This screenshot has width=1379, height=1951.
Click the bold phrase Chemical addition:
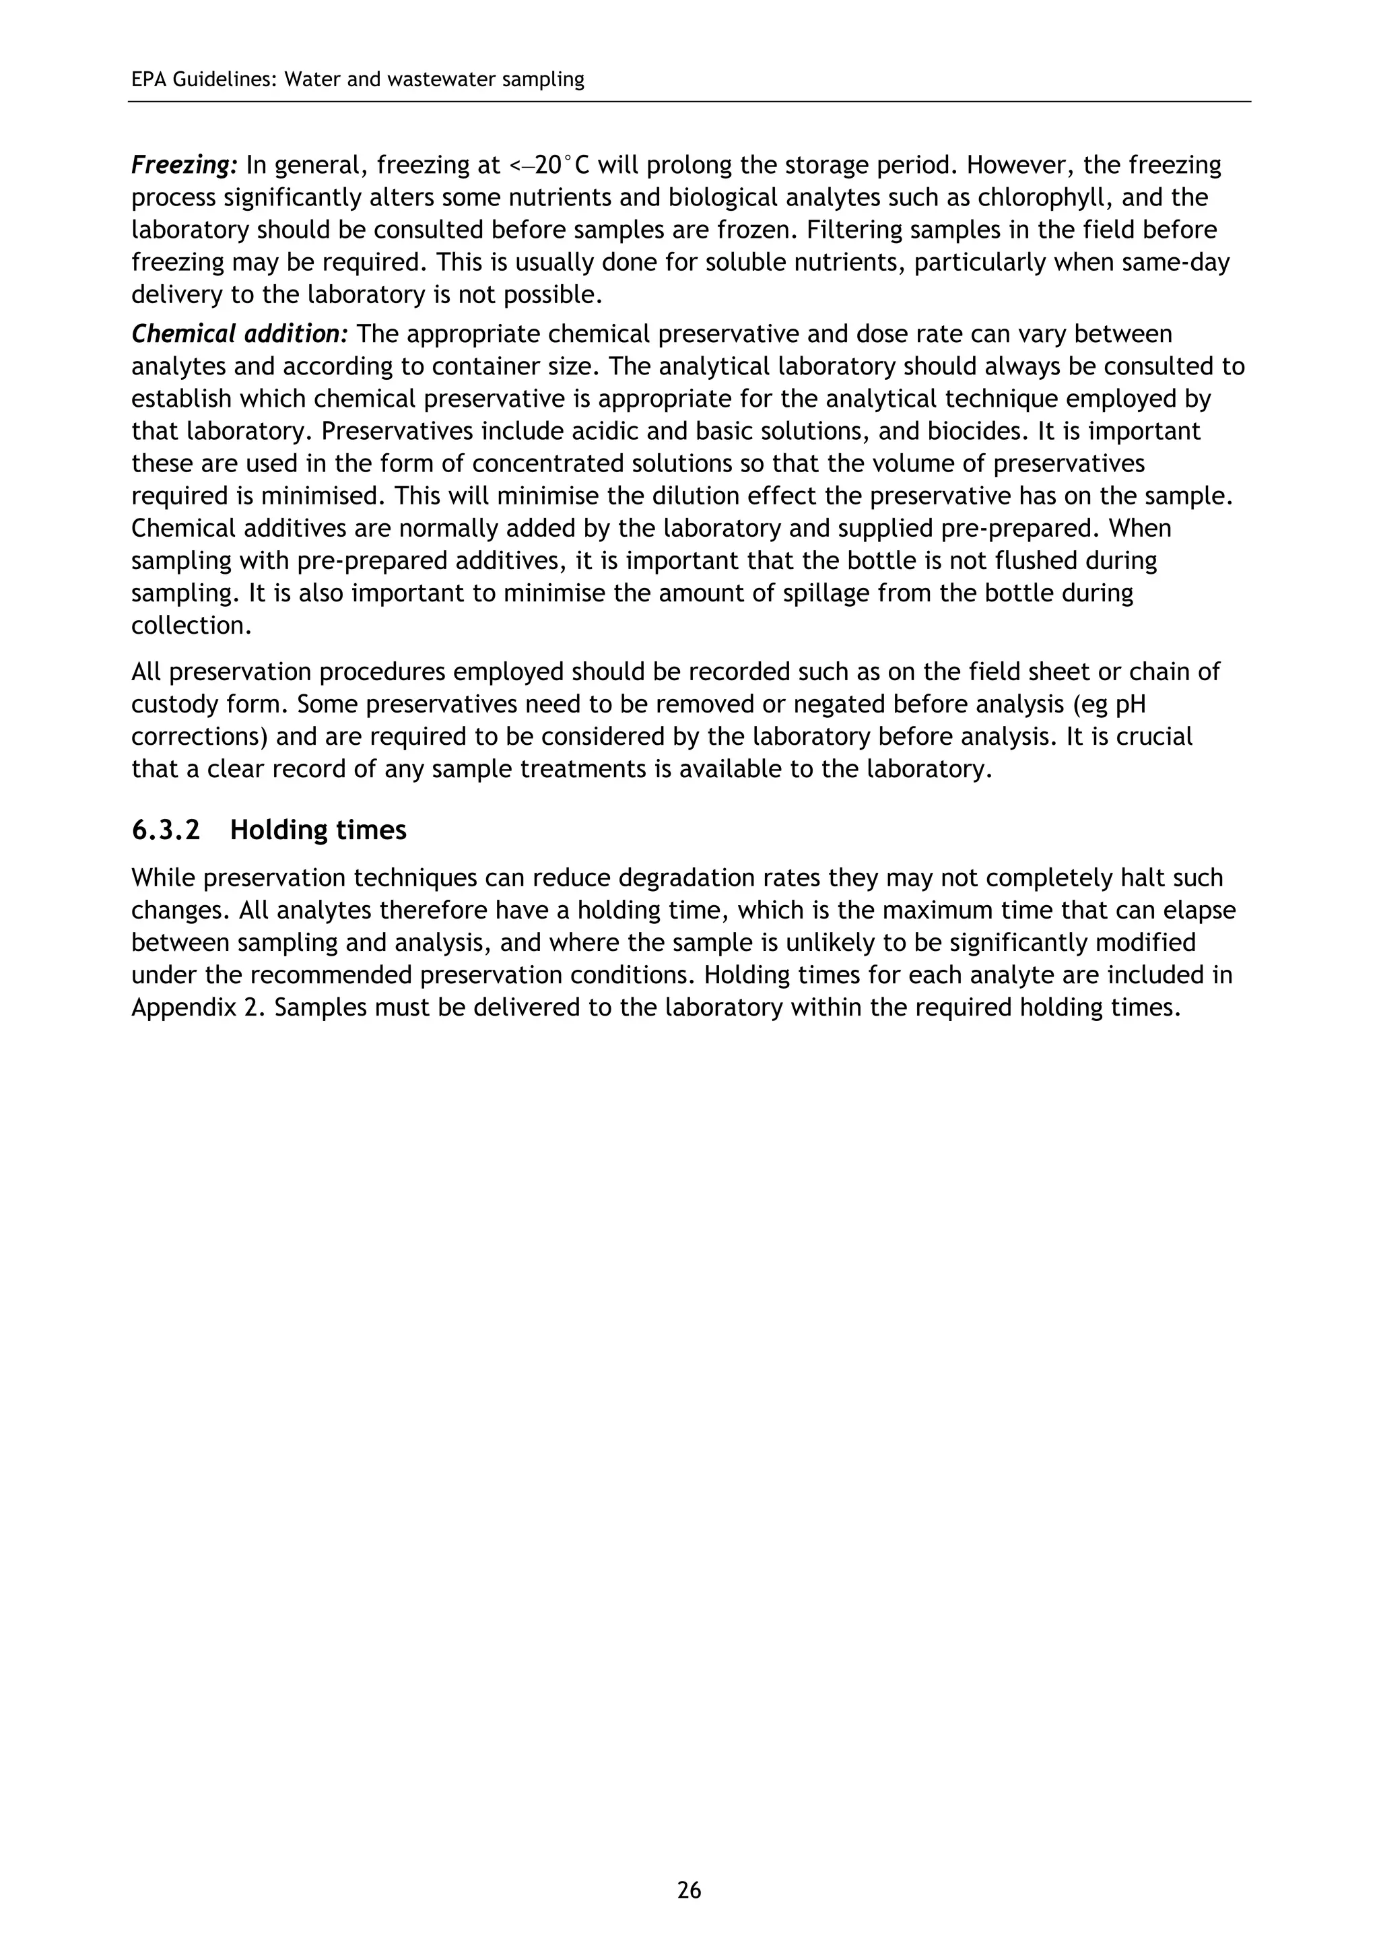pyautogui.click(x=240, y=334)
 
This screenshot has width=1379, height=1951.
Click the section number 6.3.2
pyautogui.click(x=166, y=830)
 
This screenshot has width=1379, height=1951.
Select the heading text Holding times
pyautogui.click(x=318, y=830)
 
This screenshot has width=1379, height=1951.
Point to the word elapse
pyautogui.click(x=1195, y=910)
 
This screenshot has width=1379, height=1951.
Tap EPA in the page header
pyautogui.click(x=149, y=80)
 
